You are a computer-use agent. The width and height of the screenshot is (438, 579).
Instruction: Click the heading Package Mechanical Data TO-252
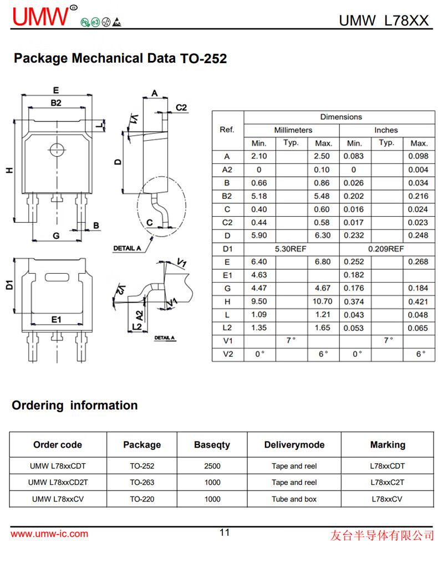click(x=120, y=58)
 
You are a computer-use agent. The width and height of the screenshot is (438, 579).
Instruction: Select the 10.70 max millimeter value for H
click(x=323, y=301)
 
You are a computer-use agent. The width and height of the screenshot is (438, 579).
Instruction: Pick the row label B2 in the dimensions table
click(x=227, y=196)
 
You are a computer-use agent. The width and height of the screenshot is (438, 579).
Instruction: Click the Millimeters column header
click(x=292, y=130)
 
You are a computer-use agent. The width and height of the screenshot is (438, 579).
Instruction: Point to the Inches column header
click(x=386, y=130)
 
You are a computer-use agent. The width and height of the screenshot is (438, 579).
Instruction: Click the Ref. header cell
click(x=227, y=130)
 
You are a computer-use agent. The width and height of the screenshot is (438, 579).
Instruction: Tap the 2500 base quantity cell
click(x=212, y=466)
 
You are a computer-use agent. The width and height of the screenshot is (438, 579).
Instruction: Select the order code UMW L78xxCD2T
click(x=58, y=483)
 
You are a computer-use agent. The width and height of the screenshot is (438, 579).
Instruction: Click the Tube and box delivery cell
click(x=294, y=499)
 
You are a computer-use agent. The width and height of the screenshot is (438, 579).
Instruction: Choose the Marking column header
click(x=387, y=445)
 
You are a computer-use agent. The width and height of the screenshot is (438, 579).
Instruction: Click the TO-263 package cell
click(x=142, y=483)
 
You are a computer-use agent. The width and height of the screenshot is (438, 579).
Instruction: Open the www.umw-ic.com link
click(x=49, y=534)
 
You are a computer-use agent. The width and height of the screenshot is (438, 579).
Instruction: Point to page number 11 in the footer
click(x=224, y=533)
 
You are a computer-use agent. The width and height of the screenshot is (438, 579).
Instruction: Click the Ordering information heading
click(x=75, y=406)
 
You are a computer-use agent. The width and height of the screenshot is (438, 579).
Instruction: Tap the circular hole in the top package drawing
click(x=55, y=149)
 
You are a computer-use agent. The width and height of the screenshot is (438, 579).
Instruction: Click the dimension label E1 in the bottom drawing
click(x=55, y=320)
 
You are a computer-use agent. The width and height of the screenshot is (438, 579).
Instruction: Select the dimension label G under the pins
click(x=55, y=235)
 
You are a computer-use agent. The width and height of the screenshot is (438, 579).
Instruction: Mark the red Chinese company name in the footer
click(x=381, y=535)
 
